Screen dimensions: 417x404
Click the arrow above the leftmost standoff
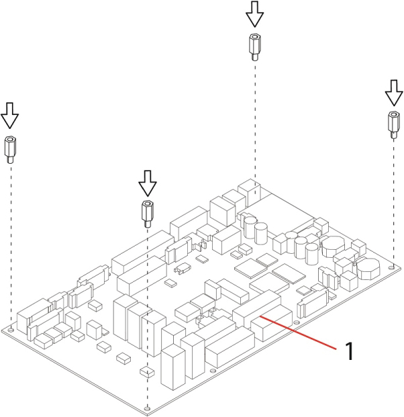(9, 115)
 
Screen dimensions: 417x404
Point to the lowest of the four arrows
(147, 181)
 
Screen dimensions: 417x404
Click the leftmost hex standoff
(11, 148)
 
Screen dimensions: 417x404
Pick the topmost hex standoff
(254, 45)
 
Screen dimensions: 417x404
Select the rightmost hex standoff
(393, 124)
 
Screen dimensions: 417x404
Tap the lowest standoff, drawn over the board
(147, 212)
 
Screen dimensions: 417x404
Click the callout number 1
(348, 351)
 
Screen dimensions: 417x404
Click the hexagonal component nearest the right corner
(367, 269)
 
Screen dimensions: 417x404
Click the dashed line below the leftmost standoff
(11, 235)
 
